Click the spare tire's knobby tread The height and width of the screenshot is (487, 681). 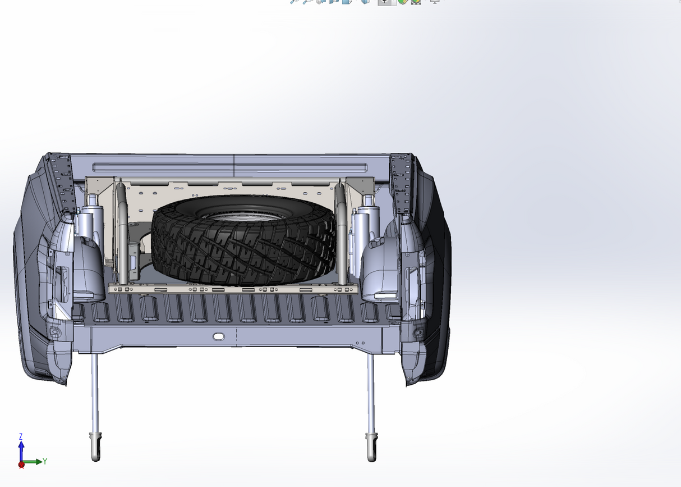(x=243, y=249)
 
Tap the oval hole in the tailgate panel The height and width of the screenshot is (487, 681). (x=218, y=336)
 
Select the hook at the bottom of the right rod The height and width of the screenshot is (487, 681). (x=372, y=448)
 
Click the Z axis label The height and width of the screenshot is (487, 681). (x=21, y=437)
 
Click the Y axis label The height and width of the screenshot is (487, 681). (x=45, y=461)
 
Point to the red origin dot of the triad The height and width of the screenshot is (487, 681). (x=21, y=465)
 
